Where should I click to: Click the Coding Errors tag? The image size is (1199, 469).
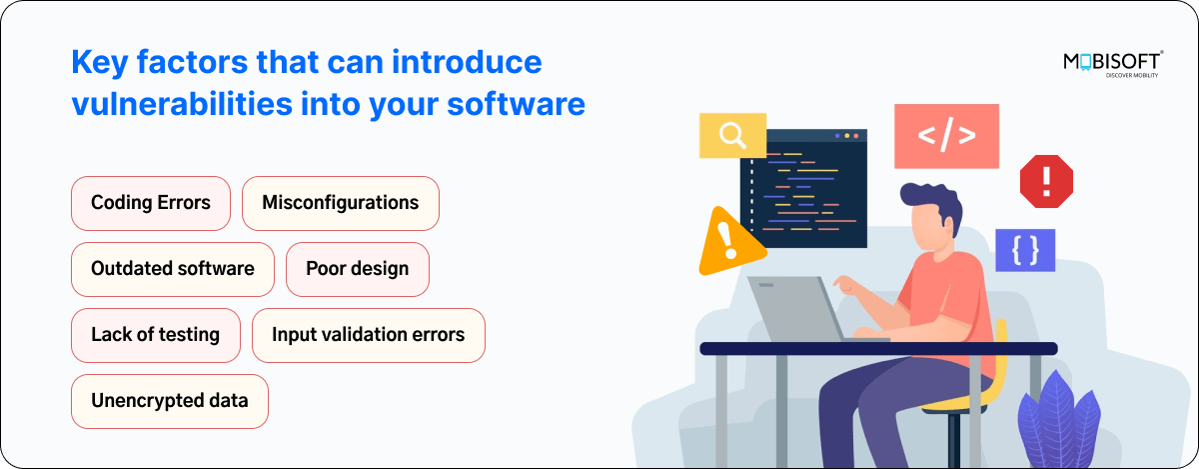(151, 203)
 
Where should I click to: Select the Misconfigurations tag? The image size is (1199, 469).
(341, 203)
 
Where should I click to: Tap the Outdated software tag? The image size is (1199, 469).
(173, 269)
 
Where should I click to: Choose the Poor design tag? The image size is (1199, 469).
(358, 269)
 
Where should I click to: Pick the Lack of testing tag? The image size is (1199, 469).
(156, 335)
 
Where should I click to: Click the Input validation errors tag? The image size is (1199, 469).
(369, 335)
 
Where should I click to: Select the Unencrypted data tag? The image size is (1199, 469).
(170, 401)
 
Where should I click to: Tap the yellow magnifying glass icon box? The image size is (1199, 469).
(732, 135)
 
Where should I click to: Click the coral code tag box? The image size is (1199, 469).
(946, 136)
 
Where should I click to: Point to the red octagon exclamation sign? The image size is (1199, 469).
(1046, 181)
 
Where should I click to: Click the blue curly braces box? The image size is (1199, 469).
(1024, 250)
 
